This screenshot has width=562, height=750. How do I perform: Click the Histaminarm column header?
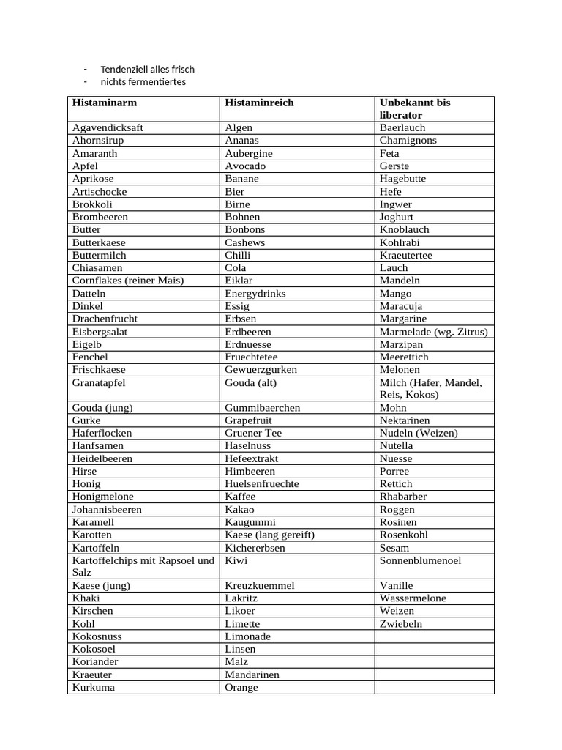tap(105, 103)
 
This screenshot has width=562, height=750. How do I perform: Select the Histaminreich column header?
tap(259, 103)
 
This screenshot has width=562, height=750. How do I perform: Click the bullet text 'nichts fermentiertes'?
tap(143, 82)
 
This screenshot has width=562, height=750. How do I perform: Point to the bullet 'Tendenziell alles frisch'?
tap(148, 69)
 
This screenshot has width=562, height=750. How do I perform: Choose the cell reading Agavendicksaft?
tap(108, 127)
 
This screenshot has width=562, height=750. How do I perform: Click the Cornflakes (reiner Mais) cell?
tap(128, 281)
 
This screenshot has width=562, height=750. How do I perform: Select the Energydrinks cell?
tap(255, 293)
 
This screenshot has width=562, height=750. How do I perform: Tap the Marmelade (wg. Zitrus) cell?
tap(434, 332)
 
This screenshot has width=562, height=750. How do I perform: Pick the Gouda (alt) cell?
tap(251, 382)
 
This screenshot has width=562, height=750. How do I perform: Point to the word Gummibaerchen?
tap(262, 408)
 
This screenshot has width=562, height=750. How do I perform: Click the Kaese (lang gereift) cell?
tap(269, 535)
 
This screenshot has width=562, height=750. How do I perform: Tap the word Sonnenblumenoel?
tap(420, 560)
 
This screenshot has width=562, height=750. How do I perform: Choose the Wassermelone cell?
tap(413, 598)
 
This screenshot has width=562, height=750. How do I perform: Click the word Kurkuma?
tap(94, 688)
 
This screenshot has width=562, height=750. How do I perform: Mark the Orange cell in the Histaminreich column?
tap(241, 688)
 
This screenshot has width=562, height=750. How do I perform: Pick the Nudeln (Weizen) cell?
tap(419, 433)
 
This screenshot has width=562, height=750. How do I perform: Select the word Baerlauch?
tap(402, 127)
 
